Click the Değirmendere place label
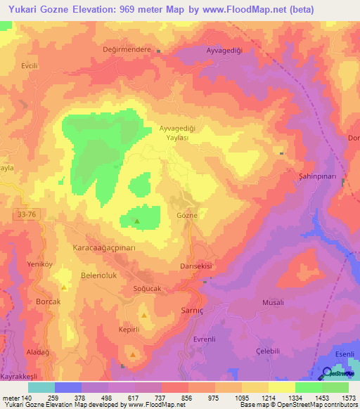coord(127,51)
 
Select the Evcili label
coord(29,65)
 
